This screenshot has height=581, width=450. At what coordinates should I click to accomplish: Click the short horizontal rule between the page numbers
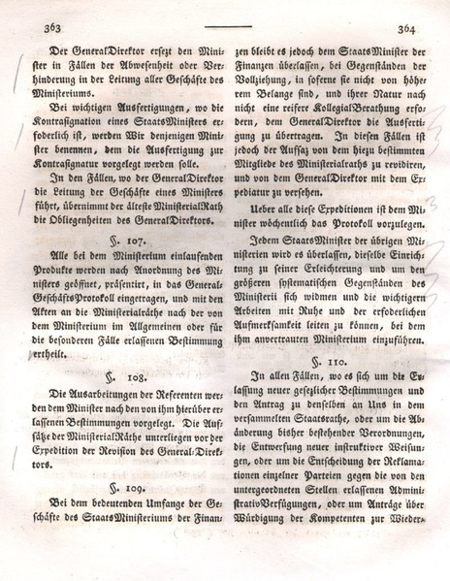(228, 27)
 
